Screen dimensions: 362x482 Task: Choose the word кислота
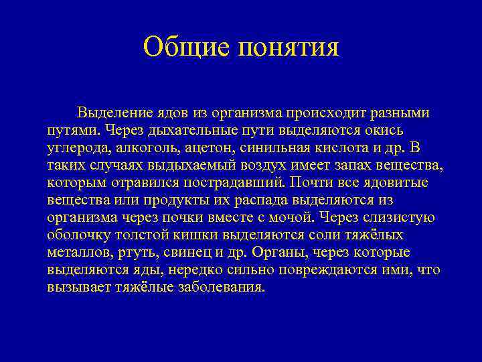[326, 147]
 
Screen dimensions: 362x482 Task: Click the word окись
[384, 129]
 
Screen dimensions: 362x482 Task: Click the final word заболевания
[220, 286]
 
